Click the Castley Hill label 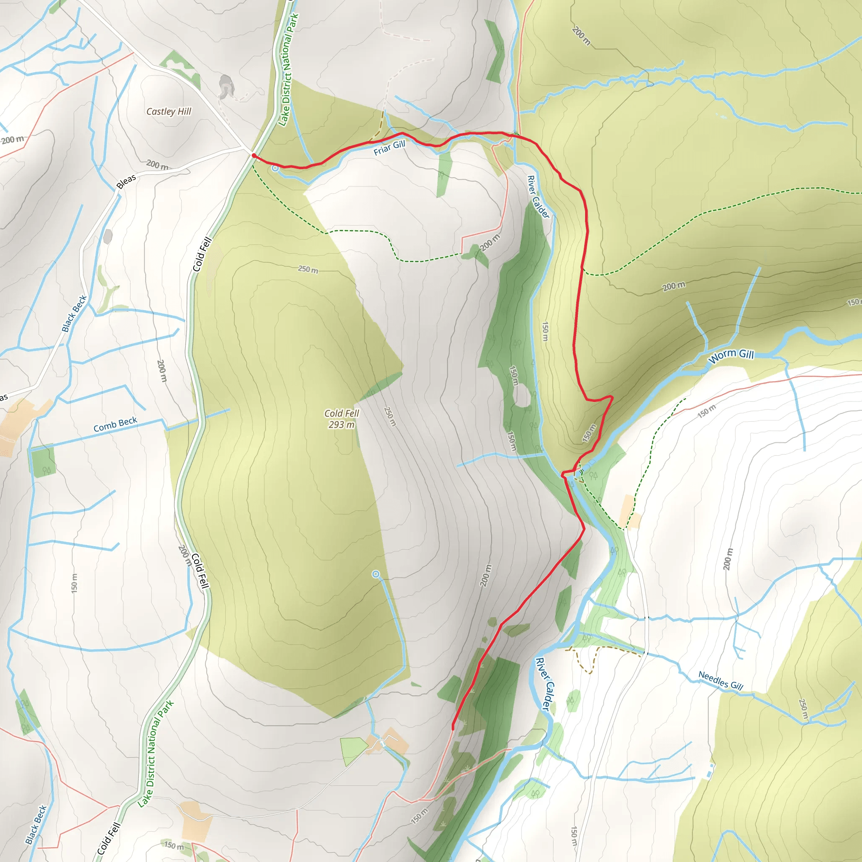tap(169, 112)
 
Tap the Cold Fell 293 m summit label tap(342, 419)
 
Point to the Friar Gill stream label tap(389, 148)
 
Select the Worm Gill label tap(731, 356)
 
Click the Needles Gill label tap(721, 681)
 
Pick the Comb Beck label tap(115, 424)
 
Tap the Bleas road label tap(126, 181)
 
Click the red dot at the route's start tap(253, 155)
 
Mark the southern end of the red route tap(453, 728)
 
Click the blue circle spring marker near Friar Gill tap(275, 168)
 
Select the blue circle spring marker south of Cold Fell tap(376, 574)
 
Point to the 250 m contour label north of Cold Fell tap(308, 269)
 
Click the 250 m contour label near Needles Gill tap(803, 709)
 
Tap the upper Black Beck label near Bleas tap(74, 314)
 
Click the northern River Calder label tap(538, 197)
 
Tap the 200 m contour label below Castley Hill tap(157, 165)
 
